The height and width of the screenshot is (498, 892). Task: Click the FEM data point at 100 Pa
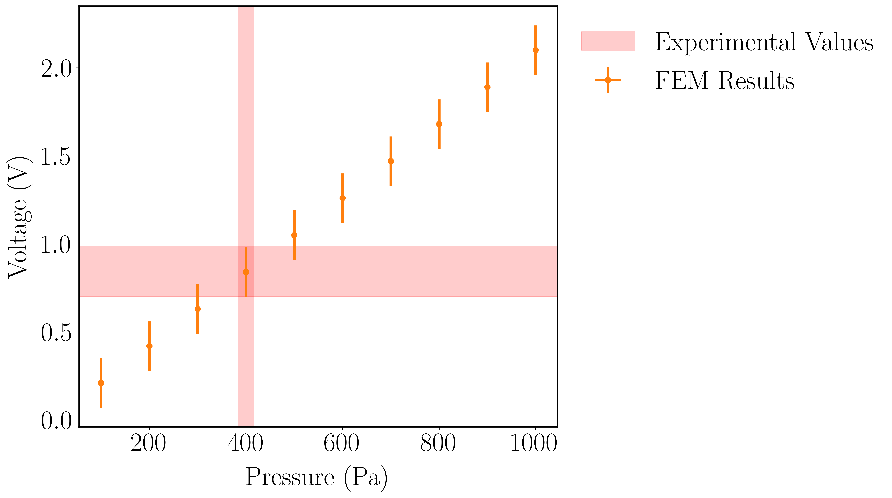pyautogui.click(x=101, y=383)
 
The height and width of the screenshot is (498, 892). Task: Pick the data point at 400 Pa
pyautogui.click(x=246, y=272)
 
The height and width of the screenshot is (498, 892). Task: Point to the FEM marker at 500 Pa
pyautogui.click(x=294, y=235)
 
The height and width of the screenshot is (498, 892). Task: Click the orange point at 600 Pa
pyautogui.click(x=342, y=198)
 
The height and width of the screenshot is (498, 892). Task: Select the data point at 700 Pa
pyautogui.click(x=391, y=161)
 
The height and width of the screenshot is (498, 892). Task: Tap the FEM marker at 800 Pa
pyautogui.click(x=439, y=124)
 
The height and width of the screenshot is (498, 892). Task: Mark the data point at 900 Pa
pyautogui.click(x=487, y=87)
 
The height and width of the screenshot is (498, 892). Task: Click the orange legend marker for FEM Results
pyautogui.click(x=608, y=80)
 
